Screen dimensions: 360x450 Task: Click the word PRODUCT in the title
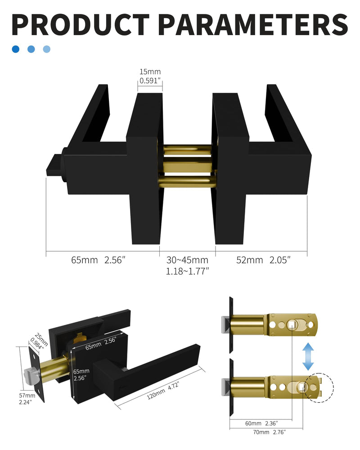click(81, 24)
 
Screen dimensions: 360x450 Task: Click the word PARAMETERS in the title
click(252, 24)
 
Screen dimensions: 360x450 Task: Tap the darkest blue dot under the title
click(15, 49)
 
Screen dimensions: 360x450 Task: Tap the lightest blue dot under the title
click(46, 49)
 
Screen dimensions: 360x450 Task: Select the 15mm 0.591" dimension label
click(150, 76)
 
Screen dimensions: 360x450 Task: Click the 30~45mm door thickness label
click(187, 265)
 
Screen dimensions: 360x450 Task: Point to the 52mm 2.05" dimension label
click(263, 260)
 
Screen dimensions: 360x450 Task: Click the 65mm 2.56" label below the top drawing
click(98, 260)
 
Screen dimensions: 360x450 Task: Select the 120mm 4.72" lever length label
click(163, 391)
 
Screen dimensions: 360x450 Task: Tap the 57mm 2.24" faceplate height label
click(27, 399)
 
